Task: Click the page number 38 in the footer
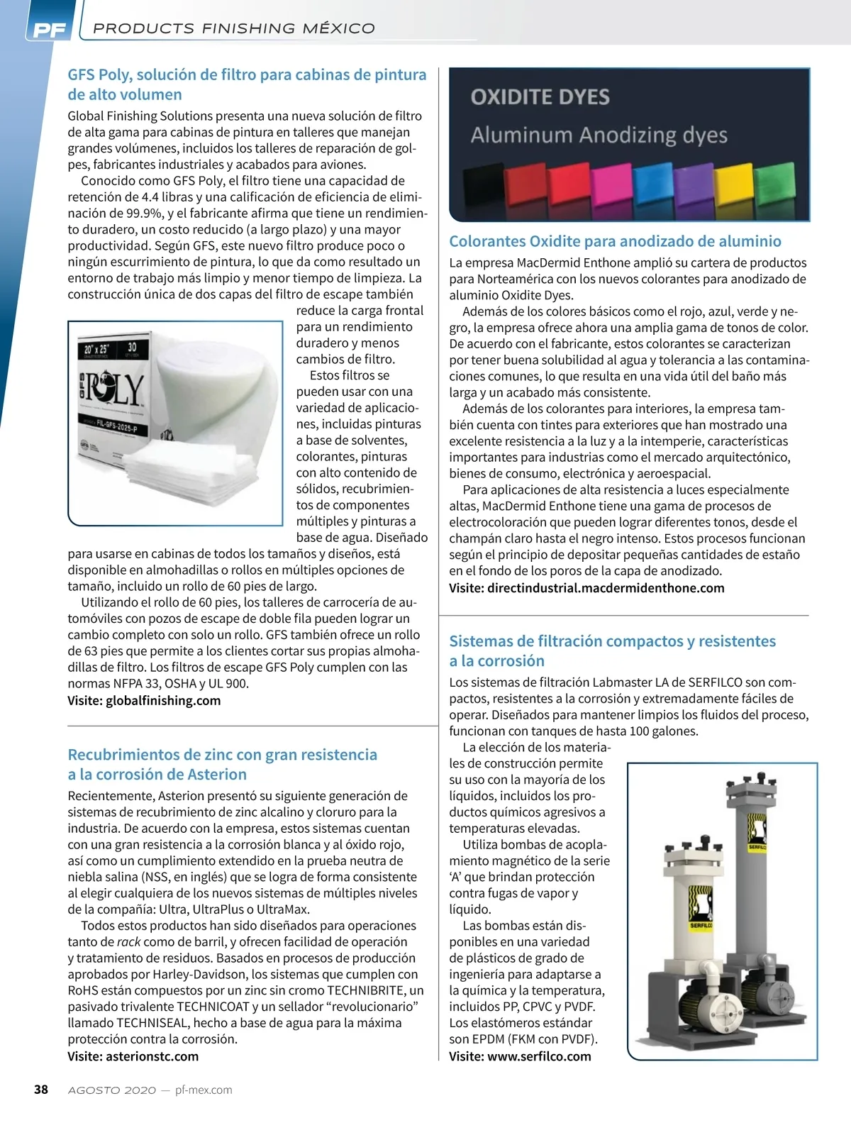tap(41, 1090)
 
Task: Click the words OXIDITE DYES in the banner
tap(540, 97)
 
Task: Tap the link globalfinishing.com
tap(163, 701)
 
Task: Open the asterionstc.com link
tap(152, 1056)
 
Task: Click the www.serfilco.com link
tap(539, 1056)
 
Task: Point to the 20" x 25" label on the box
tap(96, 350)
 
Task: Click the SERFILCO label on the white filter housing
tap(701, 925)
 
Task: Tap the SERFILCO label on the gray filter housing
tap(757, 847)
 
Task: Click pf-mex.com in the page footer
tap(204, 1090)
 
